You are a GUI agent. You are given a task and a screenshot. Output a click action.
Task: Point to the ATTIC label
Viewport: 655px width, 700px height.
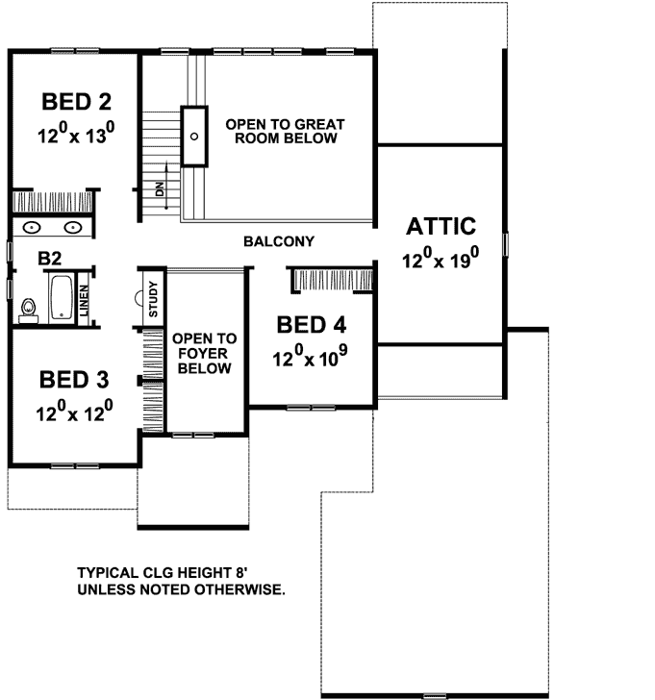point(441,227)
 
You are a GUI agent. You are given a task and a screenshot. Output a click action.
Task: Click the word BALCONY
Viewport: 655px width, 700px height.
point(279,240)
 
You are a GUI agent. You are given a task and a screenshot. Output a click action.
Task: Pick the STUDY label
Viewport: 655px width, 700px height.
point(152,299)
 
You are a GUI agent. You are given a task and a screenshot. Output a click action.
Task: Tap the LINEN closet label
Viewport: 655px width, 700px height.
point(86,302)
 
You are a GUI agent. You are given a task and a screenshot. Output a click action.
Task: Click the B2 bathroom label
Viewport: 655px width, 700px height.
point(51,258)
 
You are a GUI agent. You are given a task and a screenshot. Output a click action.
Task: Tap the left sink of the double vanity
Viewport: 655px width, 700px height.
point(32,228)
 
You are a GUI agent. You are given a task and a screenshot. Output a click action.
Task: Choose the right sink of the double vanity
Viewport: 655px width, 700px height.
point(74,228)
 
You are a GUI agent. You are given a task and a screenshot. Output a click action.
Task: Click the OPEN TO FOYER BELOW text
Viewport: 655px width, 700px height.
point(204,354)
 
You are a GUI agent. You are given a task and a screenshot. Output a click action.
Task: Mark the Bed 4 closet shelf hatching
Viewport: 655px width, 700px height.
point(332,279)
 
